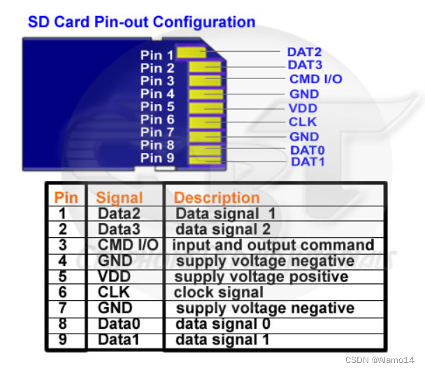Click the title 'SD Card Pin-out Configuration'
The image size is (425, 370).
[141, 22]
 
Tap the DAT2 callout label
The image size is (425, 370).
[304, 52]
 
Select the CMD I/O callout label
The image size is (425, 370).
[315, 79]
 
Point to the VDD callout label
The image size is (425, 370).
[303, 108]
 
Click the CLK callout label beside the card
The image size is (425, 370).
[303, 122]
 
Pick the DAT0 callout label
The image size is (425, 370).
[308, 150]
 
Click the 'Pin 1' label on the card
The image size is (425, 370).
[157, 55]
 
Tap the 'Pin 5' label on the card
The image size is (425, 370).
[157, 107]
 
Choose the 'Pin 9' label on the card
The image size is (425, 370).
[157, 158]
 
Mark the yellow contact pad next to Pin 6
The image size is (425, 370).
[206, 120]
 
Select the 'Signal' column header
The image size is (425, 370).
[120, 197]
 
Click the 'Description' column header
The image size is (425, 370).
[217, 197]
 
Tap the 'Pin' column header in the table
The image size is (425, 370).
[66, 197]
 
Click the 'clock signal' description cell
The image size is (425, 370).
[219, 292]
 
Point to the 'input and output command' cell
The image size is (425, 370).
[273, 245]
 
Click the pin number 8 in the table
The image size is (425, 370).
[62, 324]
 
